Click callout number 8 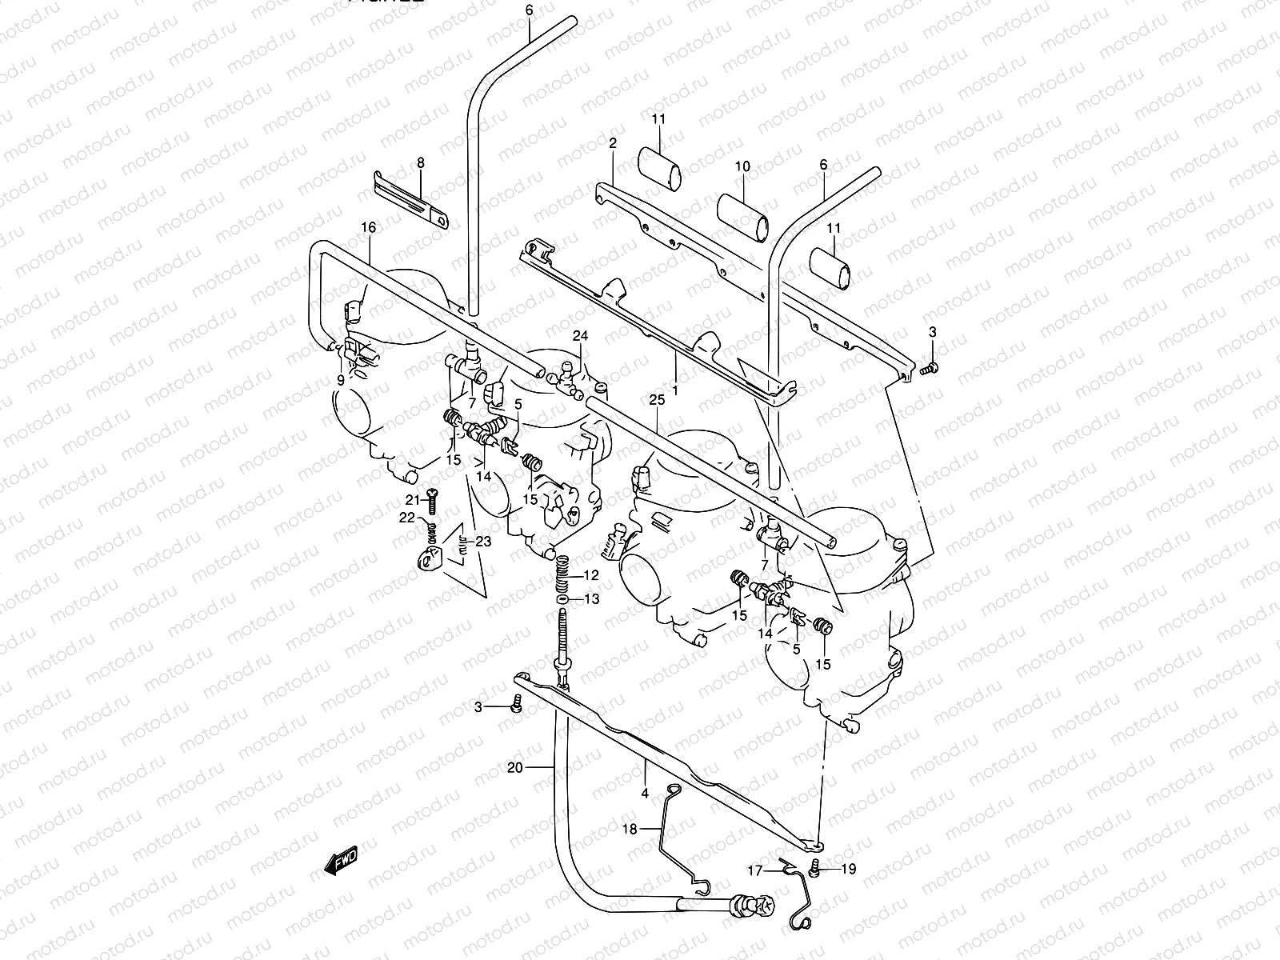(420, 163)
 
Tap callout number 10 (742, 166)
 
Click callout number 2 (613, 143)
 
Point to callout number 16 (368, 228)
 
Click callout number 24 (579, 336)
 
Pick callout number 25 (658, 399)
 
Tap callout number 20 (515, 768)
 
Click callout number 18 (630, 829)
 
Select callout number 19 (849, 869)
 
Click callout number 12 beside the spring (590, 575)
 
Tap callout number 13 (590, 599)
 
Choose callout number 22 (407, 518)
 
